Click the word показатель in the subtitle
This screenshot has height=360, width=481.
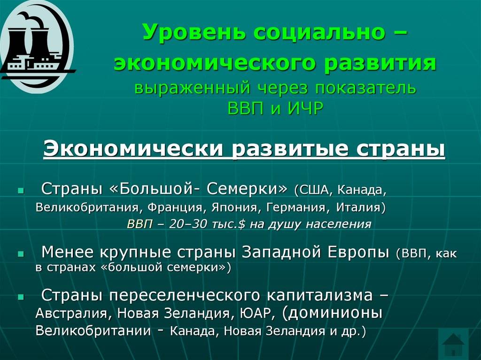[365, 88]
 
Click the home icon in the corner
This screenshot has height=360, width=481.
[453, 344]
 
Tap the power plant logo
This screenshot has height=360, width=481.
[36, 46]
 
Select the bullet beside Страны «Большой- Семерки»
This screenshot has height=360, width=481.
[21, 191]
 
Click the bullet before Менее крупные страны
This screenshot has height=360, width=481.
[21, 254]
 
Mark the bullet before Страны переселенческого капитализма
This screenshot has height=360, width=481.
[21, 297]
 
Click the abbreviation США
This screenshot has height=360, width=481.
[315, 191]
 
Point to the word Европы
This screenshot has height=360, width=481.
[358, 253]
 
